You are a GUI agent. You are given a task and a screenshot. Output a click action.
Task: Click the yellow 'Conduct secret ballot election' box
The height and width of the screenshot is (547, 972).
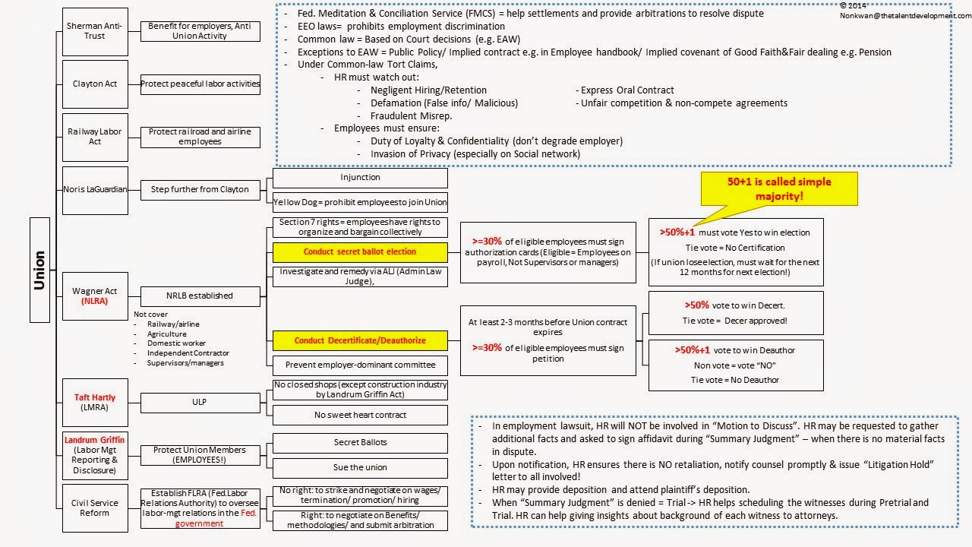click(360, 251)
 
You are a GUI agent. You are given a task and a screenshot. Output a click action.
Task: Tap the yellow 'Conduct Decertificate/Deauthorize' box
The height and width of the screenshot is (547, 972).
click(360, 340)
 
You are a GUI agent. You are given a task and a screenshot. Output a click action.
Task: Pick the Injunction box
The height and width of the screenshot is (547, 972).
click(360, 178)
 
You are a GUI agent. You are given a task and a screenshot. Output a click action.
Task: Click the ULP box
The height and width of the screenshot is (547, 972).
click(200, 403)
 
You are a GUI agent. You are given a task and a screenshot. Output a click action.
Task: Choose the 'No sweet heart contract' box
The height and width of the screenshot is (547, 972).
click(360, 415)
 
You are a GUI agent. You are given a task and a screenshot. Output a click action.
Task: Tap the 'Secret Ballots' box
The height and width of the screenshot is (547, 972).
click(360, 442)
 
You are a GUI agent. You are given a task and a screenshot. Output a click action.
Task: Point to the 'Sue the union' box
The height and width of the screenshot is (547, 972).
click(360, 467)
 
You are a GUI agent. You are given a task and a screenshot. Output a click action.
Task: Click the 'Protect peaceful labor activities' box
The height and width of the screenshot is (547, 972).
click(200, 84)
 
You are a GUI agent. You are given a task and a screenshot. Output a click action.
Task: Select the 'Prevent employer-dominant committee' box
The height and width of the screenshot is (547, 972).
click(360, 365)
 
